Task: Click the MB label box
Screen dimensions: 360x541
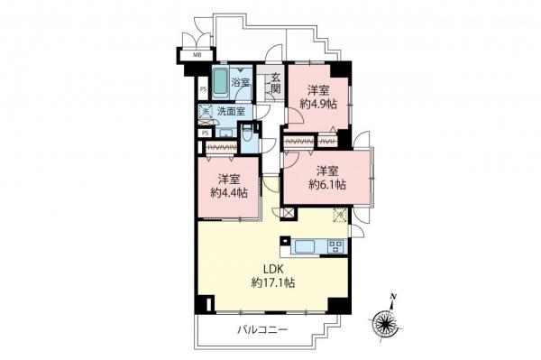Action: [x=196, y=54]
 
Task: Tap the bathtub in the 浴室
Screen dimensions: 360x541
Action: [x=220, y=80]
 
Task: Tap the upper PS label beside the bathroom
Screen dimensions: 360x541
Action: [x=203, y=89]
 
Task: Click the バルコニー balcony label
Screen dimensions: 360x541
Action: [x=262, y=331]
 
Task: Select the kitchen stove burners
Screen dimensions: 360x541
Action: [x=335, y=245]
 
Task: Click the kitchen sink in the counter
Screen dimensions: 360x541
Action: [x=304, y=245]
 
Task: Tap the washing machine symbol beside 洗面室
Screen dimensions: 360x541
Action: [x=205, y=112]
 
